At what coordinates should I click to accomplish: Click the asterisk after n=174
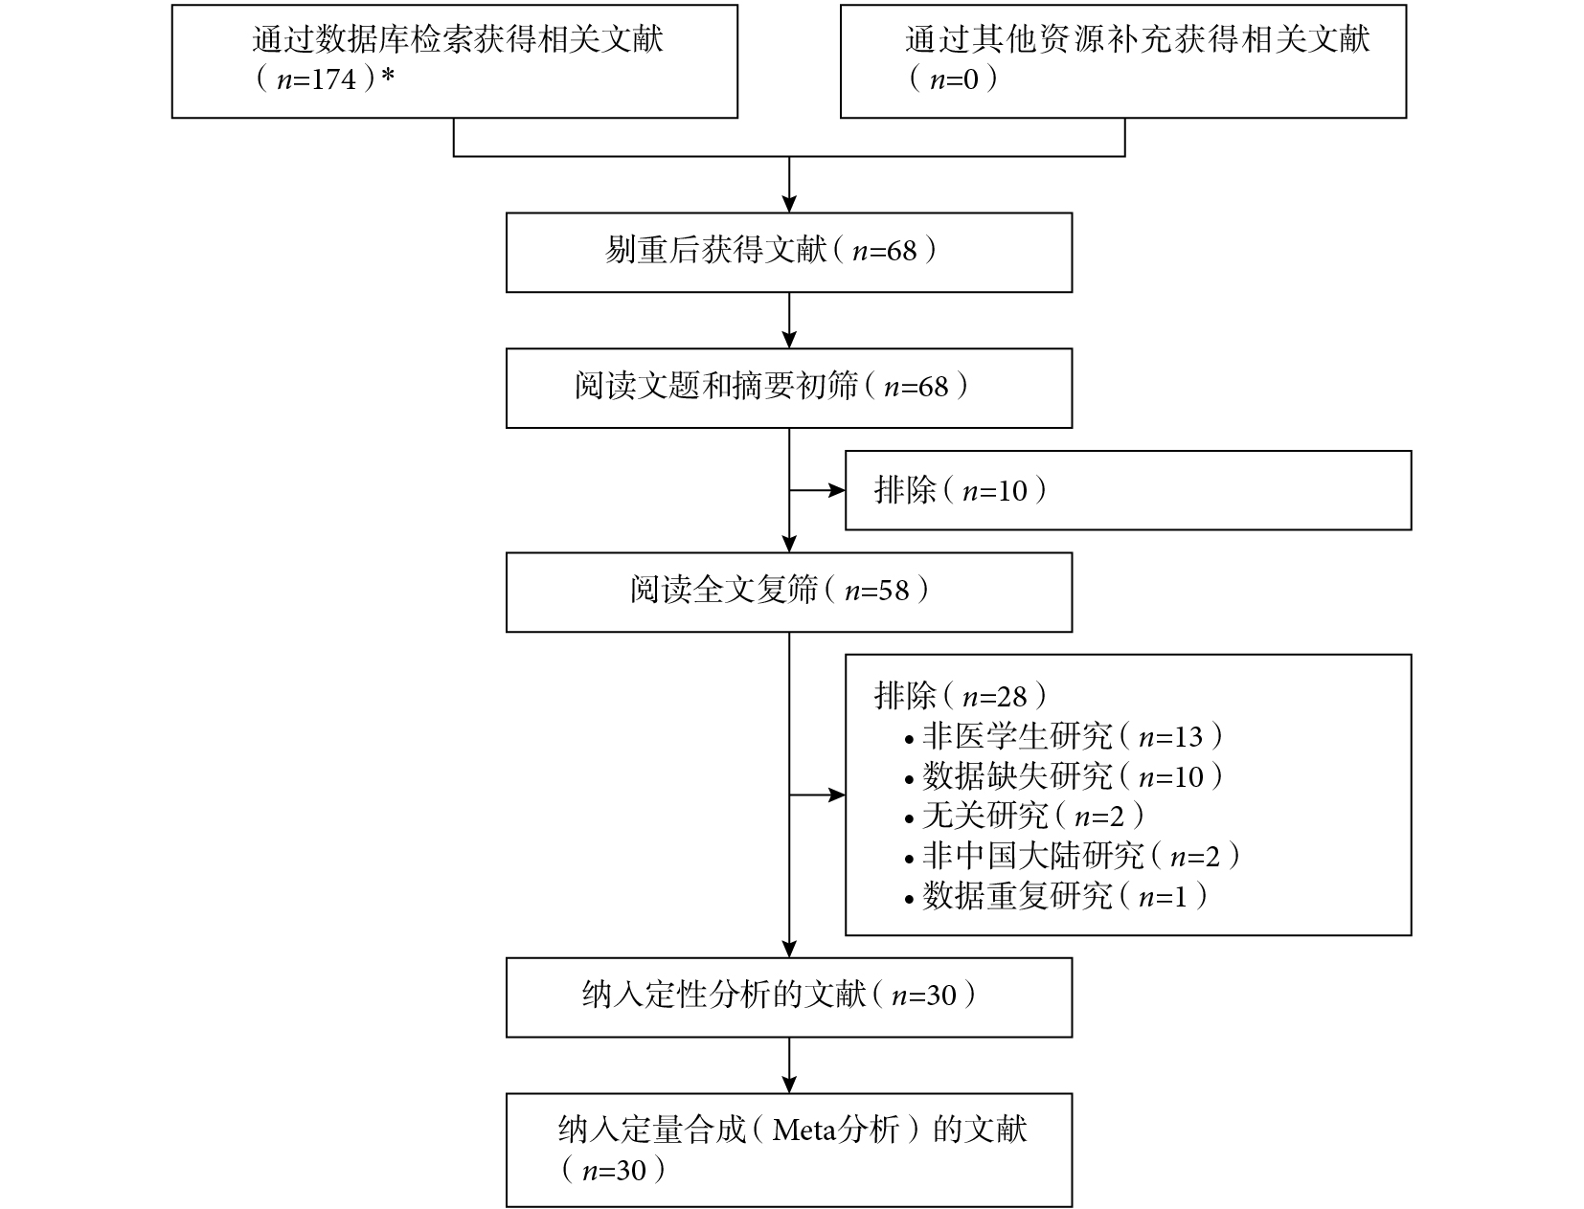tap(388, 75)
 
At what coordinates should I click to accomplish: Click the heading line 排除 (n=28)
tap(961, 696)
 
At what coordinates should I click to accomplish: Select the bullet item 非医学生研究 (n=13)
tap(1064, 736)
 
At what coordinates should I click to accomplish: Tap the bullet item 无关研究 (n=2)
tap(1024, 817)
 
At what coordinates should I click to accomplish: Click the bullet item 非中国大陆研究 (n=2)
tap(1073, 856)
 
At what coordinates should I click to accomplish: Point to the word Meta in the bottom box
tap(805, 1130)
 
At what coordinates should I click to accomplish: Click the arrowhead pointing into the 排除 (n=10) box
tap(836, 490)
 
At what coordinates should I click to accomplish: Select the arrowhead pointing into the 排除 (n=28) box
tap(836, 795)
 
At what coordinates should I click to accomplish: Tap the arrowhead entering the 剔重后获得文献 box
tap(789, 204)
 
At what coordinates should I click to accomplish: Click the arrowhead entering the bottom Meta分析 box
tap(789, 1085)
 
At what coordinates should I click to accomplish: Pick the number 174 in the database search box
tap(335, 79)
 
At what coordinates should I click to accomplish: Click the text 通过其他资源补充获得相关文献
tap(1138, 38)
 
